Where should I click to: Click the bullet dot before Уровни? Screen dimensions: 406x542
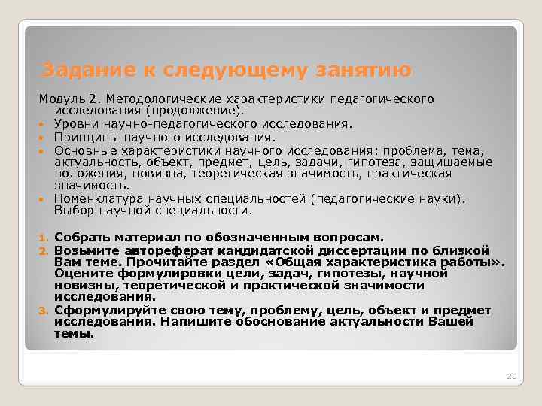[x=44, y=124]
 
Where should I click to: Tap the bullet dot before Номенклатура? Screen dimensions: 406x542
[x=44, y=200]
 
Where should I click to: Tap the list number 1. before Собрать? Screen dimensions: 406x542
[x=44, y=238]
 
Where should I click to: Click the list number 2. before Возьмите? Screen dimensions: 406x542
[x=44, y=250]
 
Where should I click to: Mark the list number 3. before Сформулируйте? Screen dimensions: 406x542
[x=44, y=311]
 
